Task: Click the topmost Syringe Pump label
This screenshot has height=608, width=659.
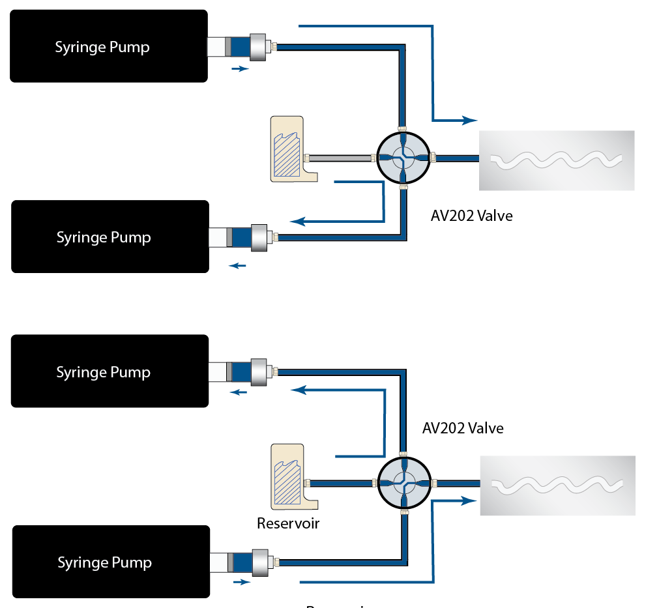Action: [102, 48]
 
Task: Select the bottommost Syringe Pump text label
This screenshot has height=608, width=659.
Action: [104, 562]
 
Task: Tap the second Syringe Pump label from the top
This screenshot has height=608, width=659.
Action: [104, 237]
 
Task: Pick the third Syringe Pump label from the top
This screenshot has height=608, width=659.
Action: [103, 372]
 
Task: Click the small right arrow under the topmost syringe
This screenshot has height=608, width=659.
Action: [241, 68]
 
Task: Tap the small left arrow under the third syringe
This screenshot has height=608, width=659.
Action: [239, 392]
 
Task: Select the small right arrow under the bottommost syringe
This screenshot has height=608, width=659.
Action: [241, 582]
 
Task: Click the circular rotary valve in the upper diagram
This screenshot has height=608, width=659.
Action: [403, 157]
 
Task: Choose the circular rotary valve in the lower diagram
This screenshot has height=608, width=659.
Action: [404, 482]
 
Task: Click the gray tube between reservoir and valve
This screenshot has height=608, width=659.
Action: [340, 158]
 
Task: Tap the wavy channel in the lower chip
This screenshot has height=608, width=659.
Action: [557, 484]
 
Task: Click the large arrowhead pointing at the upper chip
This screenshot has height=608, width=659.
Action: [470, 121]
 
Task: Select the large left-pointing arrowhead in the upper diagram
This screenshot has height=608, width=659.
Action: [298, 222]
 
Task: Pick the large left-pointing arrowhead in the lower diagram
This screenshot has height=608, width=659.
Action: [299, 390]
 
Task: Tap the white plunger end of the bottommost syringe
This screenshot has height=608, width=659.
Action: [218, 562]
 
